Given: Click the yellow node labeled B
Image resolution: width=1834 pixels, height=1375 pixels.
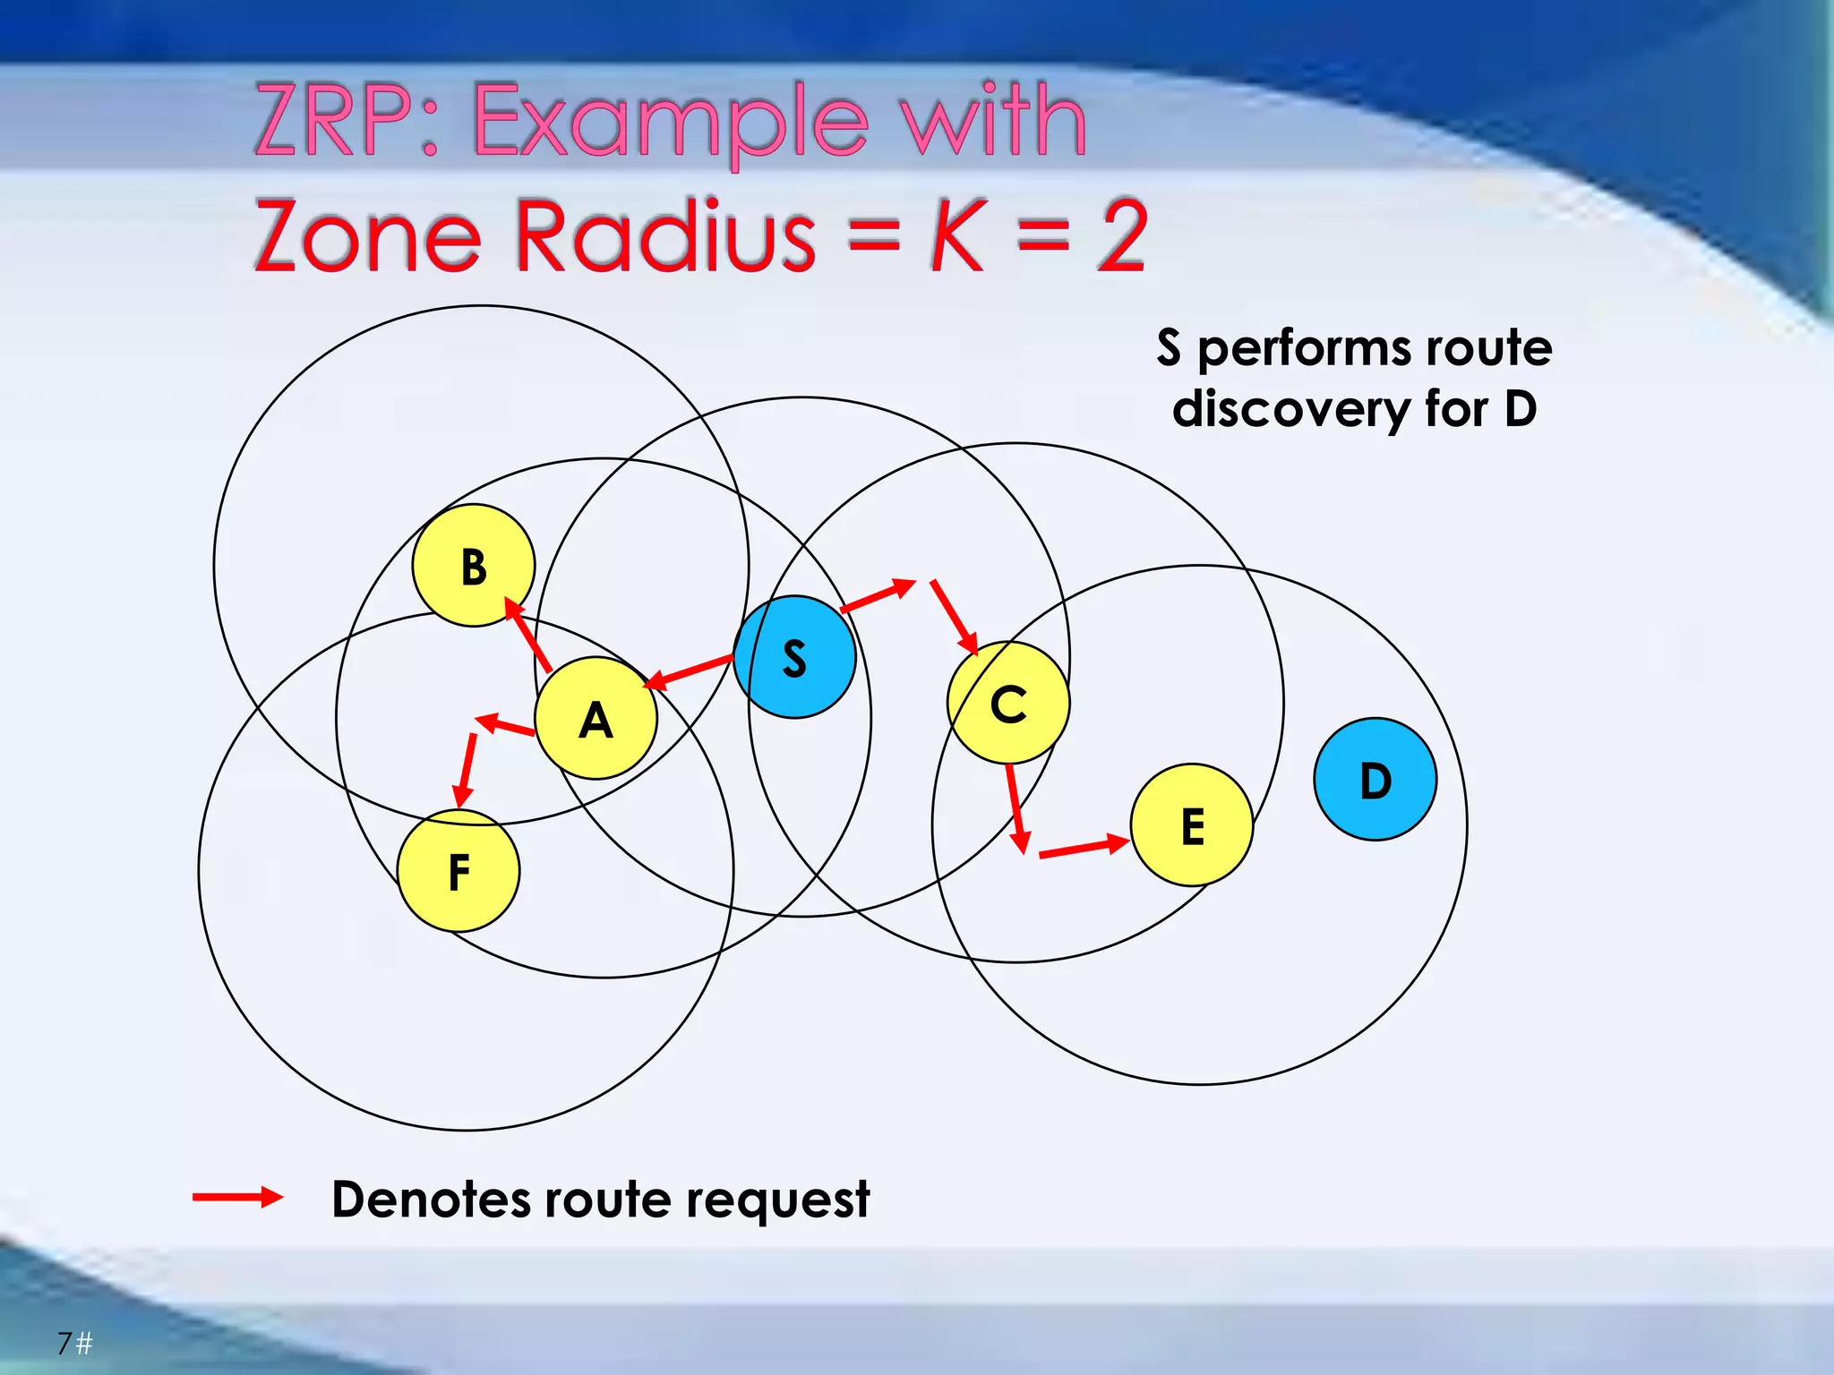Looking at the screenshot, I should [x=474, y=566].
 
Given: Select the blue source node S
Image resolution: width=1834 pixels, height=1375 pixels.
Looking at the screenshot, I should [x=794, y=657].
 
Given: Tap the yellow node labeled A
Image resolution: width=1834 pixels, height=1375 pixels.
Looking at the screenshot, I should [x=596, y=718].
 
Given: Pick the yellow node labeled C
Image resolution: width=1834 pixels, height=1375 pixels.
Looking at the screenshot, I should [x=1008, y=703].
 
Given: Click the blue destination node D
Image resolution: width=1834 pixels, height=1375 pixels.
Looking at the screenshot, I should [x=1375, y=780].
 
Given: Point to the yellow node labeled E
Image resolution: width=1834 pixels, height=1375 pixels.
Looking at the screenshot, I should [x=1192, y=825].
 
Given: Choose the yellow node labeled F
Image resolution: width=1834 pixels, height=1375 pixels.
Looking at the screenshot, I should [x=458, y=871].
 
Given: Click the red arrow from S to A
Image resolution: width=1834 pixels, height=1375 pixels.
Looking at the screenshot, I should [x=689, y=672].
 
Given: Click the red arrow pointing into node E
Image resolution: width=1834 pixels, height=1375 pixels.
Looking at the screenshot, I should [x=1084, y=848].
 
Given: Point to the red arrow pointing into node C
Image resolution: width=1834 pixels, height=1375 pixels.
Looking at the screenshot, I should [x=955, y=618].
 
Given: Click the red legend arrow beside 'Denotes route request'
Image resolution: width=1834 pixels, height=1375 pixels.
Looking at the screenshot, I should [x=238, y=1198].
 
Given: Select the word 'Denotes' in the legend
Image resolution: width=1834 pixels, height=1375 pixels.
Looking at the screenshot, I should [x=431, y=1200].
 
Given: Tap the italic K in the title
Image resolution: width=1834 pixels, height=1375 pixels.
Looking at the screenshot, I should [x=958, y=235].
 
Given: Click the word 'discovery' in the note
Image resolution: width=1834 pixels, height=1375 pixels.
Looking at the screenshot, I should [x=1290, y=410].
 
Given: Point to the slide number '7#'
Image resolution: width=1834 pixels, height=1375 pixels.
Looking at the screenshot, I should [x=75, y=1343].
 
